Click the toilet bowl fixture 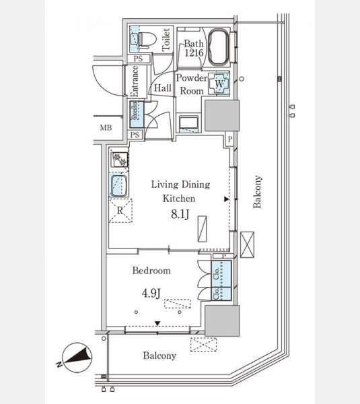coord(147,40)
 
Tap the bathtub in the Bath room coord(218,47)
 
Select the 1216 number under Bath coord(194,53)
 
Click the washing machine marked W coord(219,83)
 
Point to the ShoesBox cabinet coord(136,114)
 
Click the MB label coord(106,127)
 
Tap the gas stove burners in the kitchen coord(120,159)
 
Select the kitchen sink coord(118,186)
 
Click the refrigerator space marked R coord(120,211)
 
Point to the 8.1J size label coord(180,214)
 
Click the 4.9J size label coord(151,293)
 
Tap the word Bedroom coord(151,271)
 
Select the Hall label coord(163,88)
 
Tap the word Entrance coord(135,81)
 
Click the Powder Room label coord(192,84)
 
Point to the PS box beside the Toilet coord(139,59)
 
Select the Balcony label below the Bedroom coord(159,356)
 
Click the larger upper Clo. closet coord(221,273)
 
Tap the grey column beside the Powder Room coord(222,115)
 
